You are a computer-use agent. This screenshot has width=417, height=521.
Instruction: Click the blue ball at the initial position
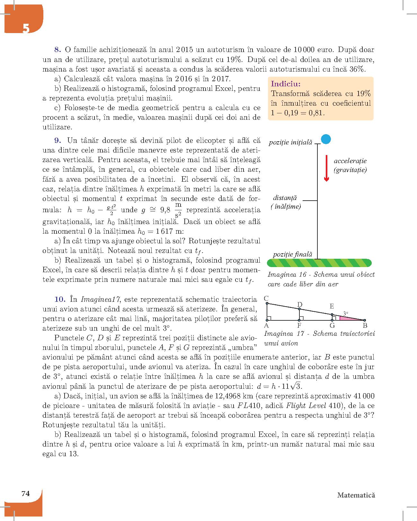pyautogui.click(x=326, y=139)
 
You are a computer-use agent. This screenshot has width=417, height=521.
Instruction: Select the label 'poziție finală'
pyautogui.click(x=292, y=254)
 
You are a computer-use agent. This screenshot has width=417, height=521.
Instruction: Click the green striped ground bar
pyautogui.click(x=319, y=263)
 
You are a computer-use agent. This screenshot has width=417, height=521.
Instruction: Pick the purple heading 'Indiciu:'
pyautogui.click(x=286, y=84)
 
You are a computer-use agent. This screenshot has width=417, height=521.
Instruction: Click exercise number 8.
pyautogui.click(x=58, y=50)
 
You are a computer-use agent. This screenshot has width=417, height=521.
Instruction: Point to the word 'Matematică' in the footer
pyautogui.click(x=356, y=495)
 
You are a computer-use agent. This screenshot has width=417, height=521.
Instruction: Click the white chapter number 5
pyautogui.click(x=26, y=29)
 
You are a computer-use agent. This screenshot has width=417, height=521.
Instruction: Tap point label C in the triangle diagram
pyautogui.click(x=266, y=299)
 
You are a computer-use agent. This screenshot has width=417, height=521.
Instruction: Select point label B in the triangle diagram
pyautogui.click(x=365, y=326)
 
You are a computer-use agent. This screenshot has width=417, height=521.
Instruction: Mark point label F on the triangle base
pyautogui.click(x=299, y=326)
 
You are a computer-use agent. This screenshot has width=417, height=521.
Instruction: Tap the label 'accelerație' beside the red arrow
pyautogui.click(x=350, y=161)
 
